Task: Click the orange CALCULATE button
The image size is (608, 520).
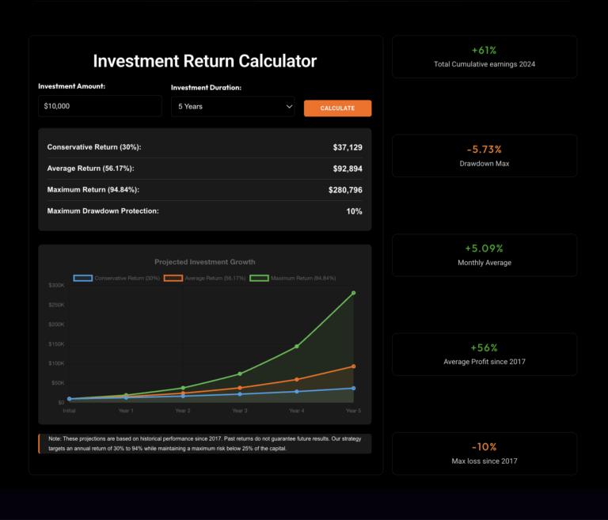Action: click(x=337, y=108)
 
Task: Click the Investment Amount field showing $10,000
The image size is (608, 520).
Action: click(x=100, y=106)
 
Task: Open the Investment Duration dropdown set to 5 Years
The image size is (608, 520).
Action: click(x=233, y=106)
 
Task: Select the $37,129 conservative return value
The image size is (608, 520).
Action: click(x=348, y=147)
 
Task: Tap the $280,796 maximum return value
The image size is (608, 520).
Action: click(x=345, y=190)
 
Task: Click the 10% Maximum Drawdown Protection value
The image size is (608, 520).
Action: click(x=354, y=211)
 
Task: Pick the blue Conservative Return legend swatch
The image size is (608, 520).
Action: click(x=83, y=278)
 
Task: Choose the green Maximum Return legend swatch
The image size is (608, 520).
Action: click(x=259, y=278)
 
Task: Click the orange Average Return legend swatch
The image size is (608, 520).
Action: click(x=173, y=278)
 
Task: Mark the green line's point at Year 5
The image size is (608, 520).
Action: click(x=353, y=293)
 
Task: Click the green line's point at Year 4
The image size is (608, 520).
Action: click(x=296, y=346)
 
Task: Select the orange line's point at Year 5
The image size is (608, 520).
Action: click(x=353, y=366)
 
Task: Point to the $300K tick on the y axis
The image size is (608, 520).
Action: click(x=56, y=285)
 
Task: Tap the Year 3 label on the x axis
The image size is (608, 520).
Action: click(x=239, y=411)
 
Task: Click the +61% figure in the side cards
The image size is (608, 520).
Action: click(x=484, y=51)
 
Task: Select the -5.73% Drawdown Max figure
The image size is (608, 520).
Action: click(x=484, y=150)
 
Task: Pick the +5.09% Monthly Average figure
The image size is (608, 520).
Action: click(x=484, y=249)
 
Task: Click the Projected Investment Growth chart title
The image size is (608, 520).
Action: click(x=205, y=262)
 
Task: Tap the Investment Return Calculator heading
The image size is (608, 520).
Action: click(x=205, y=61)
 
